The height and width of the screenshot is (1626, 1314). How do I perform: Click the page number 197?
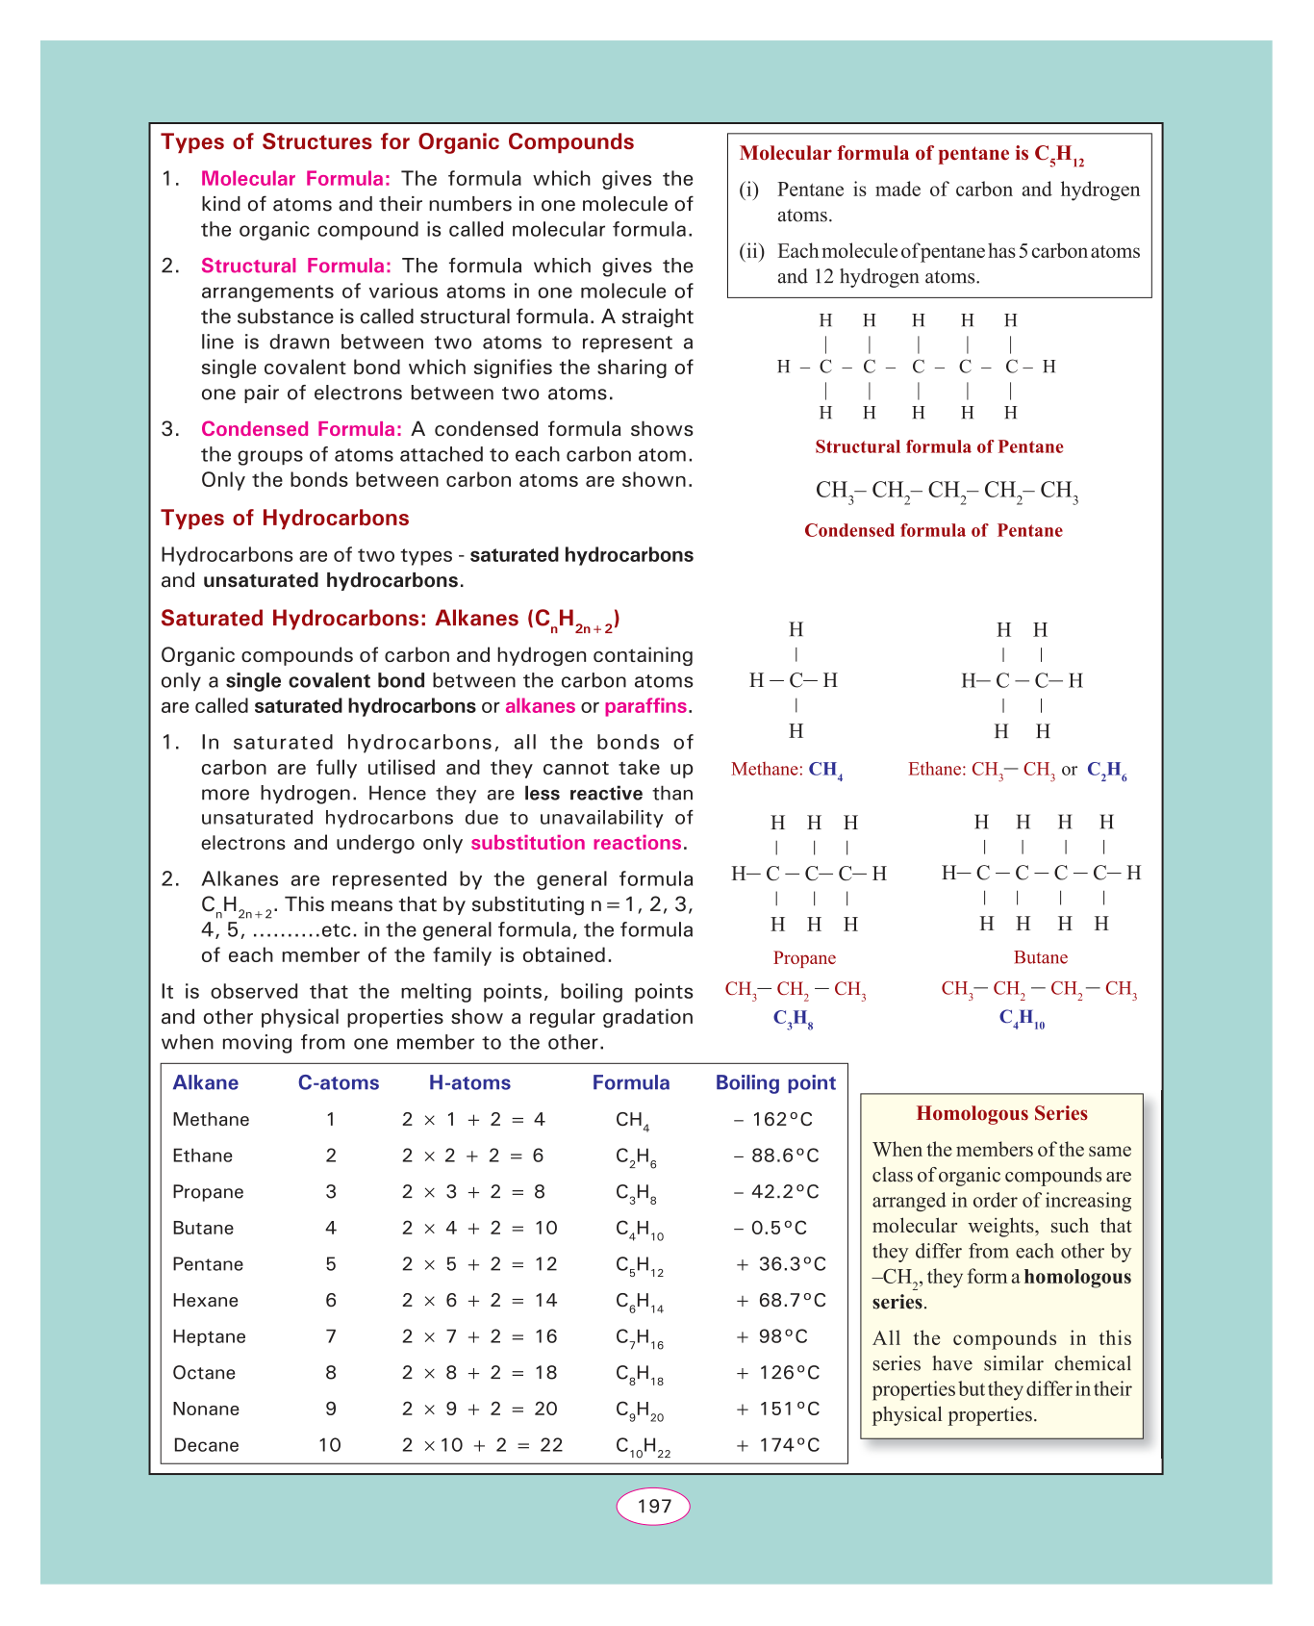653,1506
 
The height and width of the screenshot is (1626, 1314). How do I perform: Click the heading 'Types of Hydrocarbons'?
285,518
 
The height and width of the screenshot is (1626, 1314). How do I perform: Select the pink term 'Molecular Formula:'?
295,178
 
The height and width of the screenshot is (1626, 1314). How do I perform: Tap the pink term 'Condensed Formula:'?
301,429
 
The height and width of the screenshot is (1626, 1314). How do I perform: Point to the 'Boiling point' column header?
775,1082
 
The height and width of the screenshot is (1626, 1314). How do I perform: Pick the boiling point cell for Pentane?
780,1264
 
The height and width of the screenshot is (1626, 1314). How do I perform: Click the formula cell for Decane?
643,1446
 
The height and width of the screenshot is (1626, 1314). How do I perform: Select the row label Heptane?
209,1336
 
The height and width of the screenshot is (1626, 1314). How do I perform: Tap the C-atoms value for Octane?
331,1373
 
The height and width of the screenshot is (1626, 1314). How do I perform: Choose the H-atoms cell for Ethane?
473,1156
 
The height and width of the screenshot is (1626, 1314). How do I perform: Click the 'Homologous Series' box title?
1001,1113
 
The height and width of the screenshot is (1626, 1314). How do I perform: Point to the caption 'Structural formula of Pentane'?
939,446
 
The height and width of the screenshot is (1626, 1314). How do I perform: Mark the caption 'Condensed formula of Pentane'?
933,530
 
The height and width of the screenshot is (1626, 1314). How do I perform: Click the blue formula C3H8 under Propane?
794,1019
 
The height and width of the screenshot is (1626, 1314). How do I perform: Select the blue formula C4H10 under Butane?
1022,1019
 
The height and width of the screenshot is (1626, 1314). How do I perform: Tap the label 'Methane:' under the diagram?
767,769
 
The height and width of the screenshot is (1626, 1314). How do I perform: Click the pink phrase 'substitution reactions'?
575,843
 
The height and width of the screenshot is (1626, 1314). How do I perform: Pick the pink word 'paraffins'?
645,706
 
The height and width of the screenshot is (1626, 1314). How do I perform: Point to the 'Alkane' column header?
205,1082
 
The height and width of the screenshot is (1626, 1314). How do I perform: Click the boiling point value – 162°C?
772,1119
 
